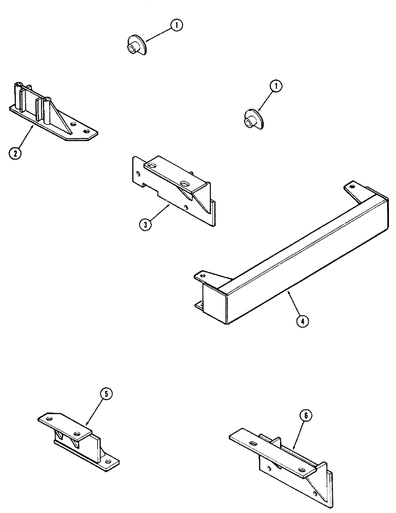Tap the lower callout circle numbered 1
pos(276,87)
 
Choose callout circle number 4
pos(304,322)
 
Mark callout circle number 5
pos(105,394)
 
